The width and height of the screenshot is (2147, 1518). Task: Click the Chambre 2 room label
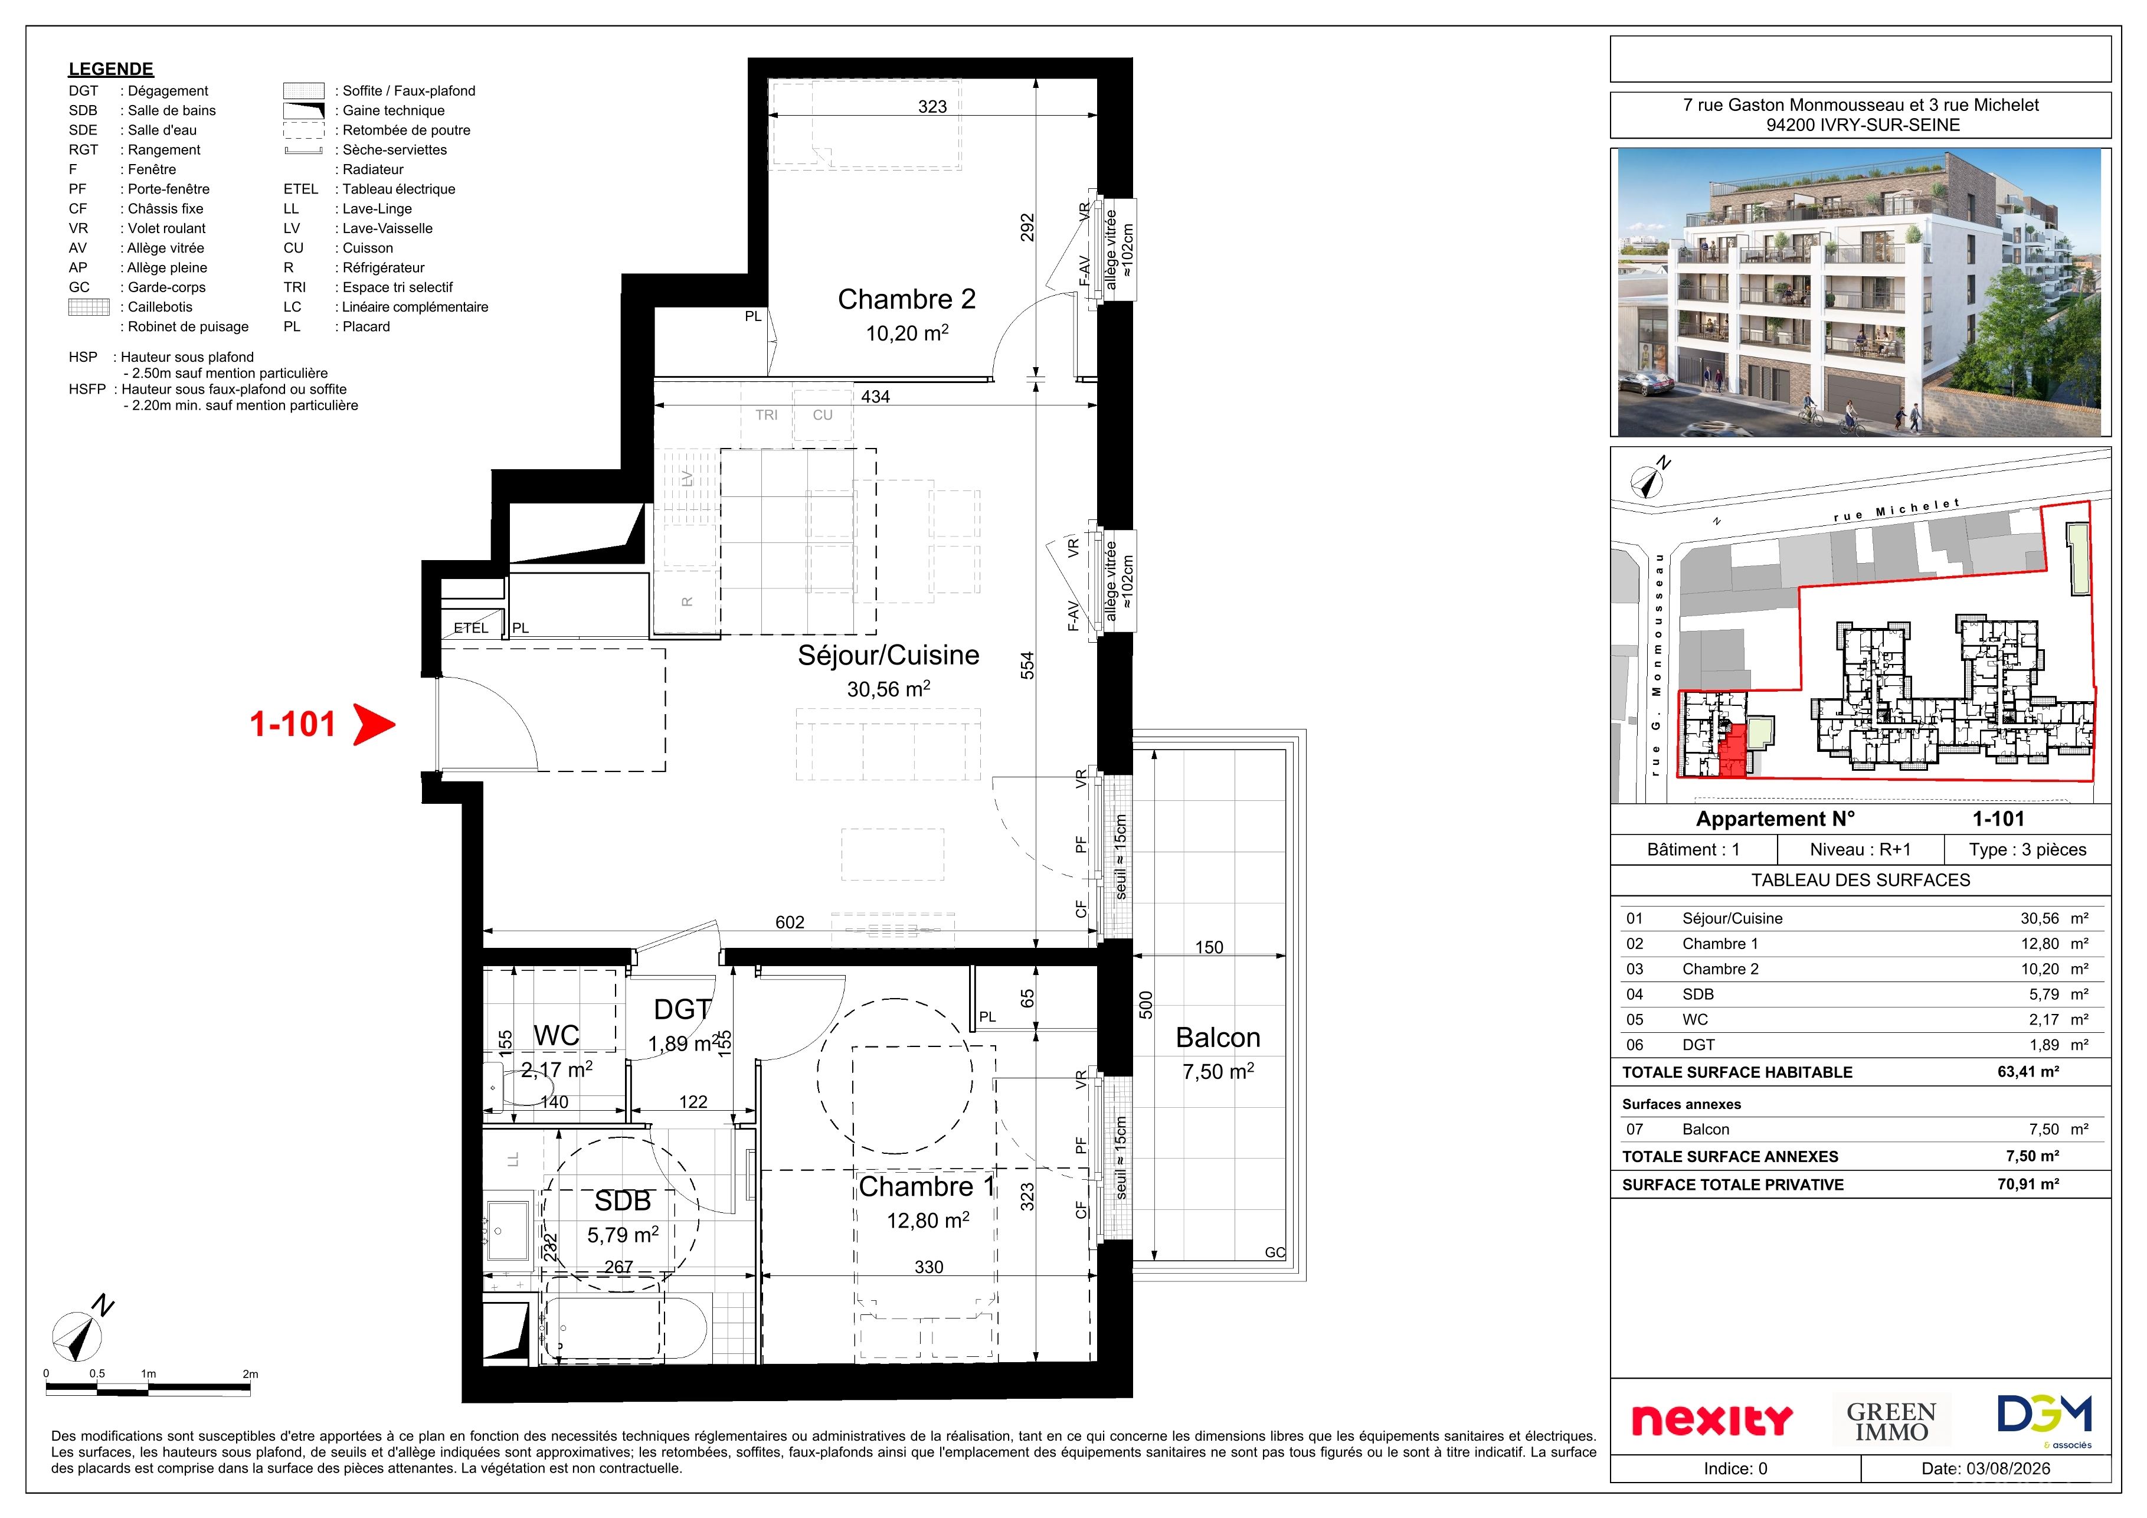coord(906,299)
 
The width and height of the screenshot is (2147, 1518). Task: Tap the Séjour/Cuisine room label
coord(888,655)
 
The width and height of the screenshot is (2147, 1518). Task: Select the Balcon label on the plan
coord(1217,1037)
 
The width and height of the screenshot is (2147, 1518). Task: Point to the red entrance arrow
coord(374,724)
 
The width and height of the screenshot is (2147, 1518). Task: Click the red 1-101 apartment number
coord(293,724)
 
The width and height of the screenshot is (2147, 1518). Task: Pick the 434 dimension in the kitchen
coord(875,397)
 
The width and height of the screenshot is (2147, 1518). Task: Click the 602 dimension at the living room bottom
coord(789,922)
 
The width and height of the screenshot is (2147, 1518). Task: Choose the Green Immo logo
coord(1891,1421)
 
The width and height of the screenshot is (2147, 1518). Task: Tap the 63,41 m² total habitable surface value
coord(2028,1072)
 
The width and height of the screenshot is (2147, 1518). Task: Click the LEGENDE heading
coord(110,69)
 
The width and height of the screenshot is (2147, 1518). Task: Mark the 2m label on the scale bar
coord(250,1374)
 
